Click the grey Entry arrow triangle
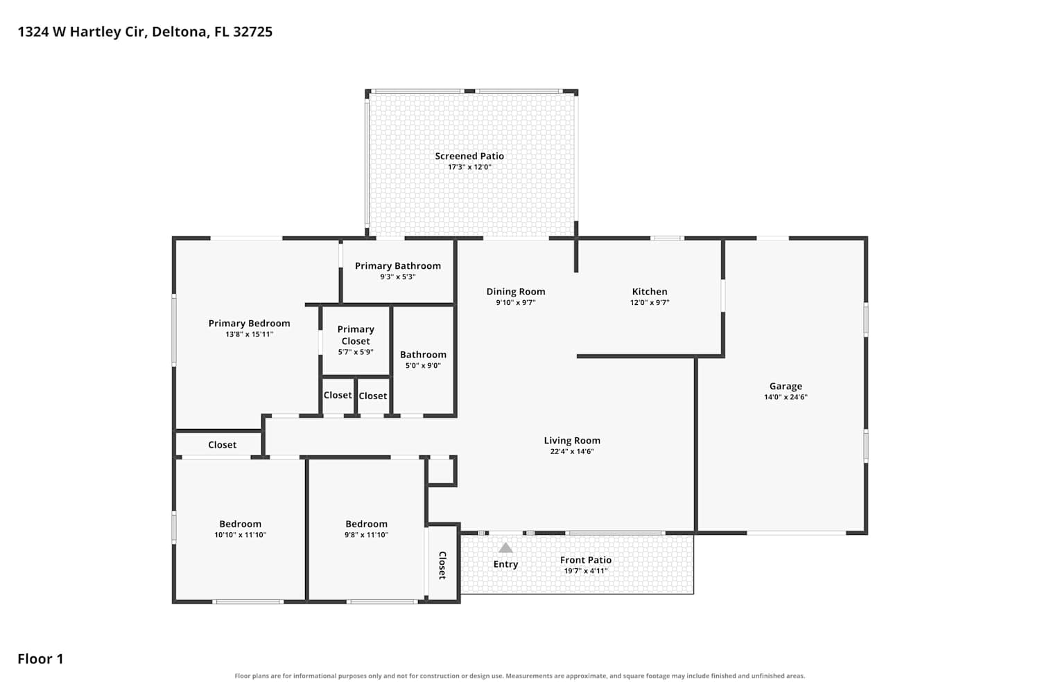(x=505, y=547)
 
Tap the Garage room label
(x=786, y=386)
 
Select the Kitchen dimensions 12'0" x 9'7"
(x=650, y=303)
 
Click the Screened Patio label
(x=469, y=156)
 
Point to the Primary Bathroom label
(x=398, y=266)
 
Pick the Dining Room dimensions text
(x=516, y=303)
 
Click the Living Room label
(x=572, y=441)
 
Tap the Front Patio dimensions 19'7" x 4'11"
(x=586, y=571)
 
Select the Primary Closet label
(x=356, y=335)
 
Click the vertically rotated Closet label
(x=442, y=565)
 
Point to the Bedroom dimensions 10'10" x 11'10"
(x=240, y=535)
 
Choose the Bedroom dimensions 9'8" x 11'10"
(x=366, y=535)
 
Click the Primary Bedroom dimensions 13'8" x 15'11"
(x=250, y=334)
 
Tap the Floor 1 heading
(x=40, y=659)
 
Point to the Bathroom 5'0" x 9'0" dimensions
(x=423, y=366)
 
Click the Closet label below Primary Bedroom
(x=222, y=445)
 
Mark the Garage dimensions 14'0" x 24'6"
(x=786, y=397)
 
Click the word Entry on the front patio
(x=505, y=564)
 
